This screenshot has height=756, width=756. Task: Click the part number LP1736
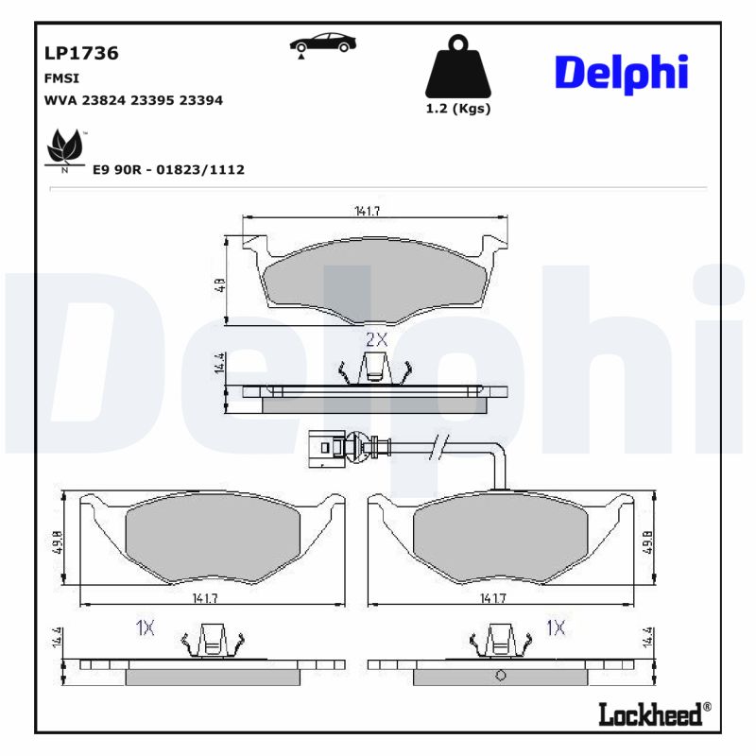point(81,53)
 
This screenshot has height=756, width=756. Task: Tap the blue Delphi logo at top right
point(620,73)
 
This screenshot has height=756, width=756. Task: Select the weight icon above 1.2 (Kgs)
point(458,66)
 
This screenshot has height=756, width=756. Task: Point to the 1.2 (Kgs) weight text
point(458,109)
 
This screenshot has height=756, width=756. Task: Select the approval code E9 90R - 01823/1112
point(168,169)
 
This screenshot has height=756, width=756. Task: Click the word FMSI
point(62,78)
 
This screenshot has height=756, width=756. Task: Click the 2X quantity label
point(376,338)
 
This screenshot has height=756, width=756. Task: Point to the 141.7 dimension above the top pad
point(368,212)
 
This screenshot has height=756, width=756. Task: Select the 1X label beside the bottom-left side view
point(145,627)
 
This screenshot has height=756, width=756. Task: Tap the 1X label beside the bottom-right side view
point(557,627)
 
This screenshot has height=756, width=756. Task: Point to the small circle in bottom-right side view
point(500,675)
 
